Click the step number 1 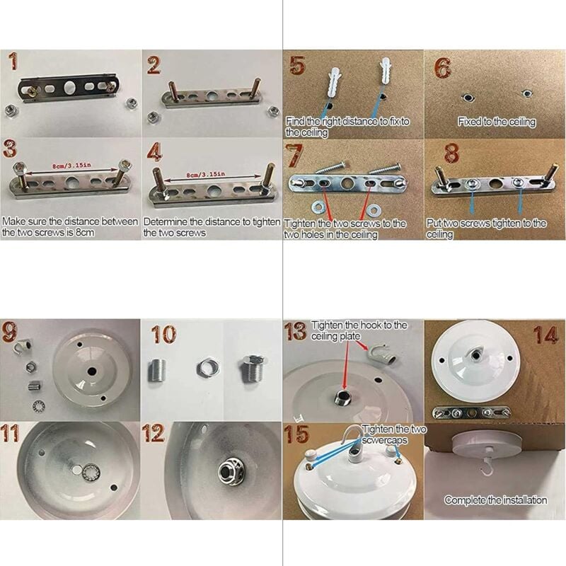coord(13,61)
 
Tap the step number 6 coord(443,67)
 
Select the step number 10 coord(163,334)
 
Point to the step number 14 coord(546,335)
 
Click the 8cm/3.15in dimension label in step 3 coord(72,166)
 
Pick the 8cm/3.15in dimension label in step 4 coord(205,175)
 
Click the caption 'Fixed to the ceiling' coord(497,122)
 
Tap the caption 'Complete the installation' coord(495,500)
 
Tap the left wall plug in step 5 coord(334,84)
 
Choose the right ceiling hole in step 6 coord(527,94)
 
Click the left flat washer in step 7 coord(319,207)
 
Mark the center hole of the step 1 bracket coord(69,87)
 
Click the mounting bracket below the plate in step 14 coord(471,412)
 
